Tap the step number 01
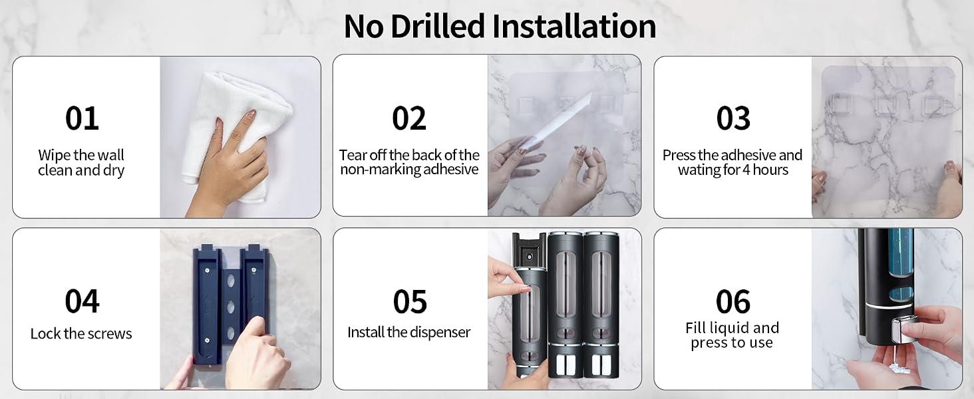[x=82, y=118]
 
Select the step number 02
[x=409, y=118]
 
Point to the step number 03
[x=733, y=118]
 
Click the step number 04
[x=82, y=301]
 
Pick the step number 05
[x=410, y=302]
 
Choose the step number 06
[x=733, y=302]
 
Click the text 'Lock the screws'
[x=81, y=333]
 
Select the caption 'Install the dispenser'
[x=408, y=332]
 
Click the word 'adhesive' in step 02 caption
[x=450, y=169]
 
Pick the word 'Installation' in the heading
[x=574, y=26]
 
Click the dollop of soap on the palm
[x=900, y=368]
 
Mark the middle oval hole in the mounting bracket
[x=230, y=307]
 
